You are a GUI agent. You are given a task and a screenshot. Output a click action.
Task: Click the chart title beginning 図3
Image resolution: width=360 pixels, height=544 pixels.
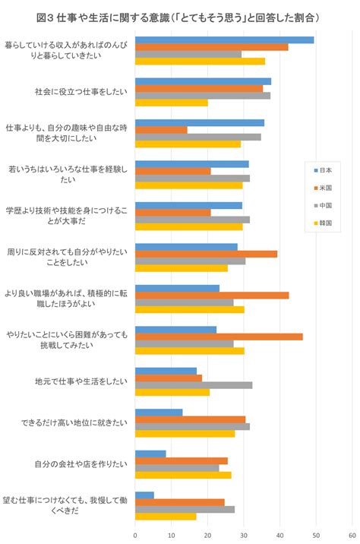point(178,17)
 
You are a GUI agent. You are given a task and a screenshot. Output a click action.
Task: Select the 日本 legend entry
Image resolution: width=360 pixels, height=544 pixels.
point(323,170)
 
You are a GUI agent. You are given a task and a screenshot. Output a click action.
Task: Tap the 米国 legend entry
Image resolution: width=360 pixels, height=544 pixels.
point(323,188)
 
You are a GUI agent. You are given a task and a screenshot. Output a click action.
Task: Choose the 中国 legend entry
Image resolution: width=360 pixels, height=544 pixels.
point(323,205)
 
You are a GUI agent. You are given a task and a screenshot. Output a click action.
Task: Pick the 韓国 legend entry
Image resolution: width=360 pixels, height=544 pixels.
point(323,223)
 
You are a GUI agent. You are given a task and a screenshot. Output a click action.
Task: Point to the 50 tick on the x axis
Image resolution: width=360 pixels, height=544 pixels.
point(316,536)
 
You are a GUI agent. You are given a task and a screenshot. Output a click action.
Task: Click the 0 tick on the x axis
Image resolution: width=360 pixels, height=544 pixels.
point(135,536)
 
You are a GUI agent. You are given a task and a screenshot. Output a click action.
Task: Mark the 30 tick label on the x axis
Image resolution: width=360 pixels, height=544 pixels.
point(244,536)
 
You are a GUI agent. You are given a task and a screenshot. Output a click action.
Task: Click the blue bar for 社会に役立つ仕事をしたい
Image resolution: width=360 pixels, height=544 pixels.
point(204,81)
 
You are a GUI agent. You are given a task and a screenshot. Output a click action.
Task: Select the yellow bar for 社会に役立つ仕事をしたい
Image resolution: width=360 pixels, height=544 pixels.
point(172,103)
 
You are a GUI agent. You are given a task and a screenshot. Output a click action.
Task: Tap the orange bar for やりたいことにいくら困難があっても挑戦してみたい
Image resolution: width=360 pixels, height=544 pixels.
point(219,337)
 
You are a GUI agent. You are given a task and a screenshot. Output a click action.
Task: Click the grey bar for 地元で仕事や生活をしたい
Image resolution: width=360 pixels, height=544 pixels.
point(194,385)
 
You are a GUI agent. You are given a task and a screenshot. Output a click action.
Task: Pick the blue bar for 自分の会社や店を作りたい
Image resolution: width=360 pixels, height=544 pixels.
point(150,454)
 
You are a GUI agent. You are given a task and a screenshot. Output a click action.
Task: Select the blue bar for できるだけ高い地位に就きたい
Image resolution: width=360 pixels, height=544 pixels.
point(159,413)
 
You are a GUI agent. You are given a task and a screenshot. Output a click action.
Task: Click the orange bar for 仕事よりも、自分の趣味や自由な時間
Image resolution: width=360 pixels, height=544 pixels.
point(161,130)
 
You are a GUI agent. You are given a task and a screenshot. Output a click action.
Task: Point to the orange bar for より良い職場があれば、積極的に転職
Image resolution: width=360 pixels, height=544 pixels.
point(212,296)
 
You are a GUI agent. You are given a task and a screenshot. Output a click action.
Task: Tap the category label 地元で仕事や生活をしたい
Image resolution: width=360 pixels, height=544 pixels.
point(81,381)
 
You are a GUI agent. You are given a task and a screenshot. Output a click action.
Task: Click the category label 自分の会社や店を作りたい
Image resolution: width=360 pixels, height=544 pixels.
point(81,464)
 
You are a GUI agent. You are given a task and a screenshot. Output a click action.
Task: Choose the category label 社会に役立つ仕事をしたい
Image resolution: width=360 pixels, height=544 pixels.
point(81,92)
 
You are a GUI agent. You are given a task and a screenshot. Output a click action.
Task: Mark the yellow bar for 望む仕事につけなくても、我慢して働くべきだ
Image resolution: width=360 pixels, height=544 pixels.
point(166,517)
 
